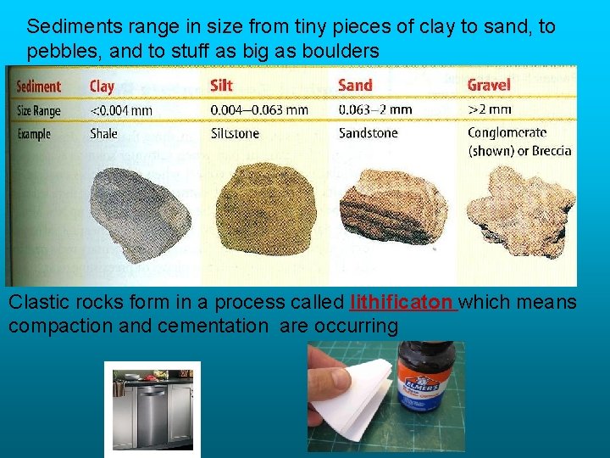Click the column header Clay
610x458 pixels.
point(102,86)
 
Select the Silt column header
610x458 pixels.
point(221,85)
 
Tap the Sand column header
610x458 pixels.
point(355,85)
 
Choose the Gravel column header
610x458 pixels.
point(489,85)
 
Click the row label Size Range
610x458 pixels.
point(39,110)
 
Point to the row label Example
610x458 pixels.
point(34,134)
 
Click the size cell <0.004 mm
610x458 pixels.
point(121,110)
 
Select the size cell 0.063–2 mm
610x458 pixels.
point(375,109)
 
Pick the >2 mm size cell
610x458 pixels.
point(490,109)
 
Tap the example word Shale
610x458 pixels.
point(105,134)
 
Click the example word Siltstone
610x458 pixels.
point(236,134)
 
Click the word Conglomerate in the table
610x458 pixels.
point(507,132)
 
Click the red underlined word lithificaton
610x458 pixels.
point(403,303)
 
